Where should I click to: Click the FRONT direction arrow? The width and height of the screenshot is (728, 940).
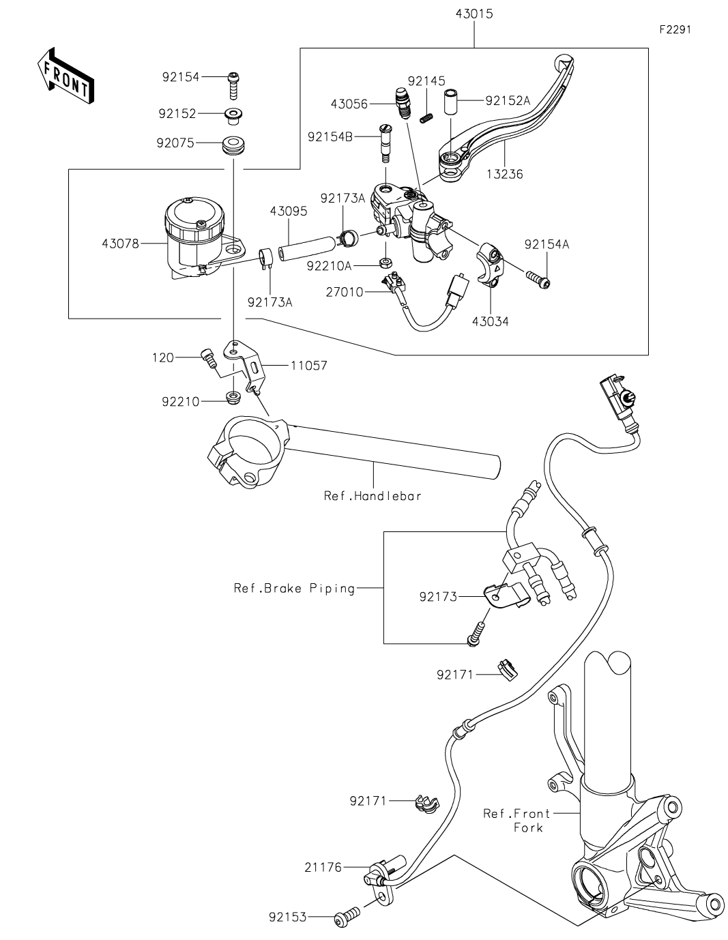click(65, 76)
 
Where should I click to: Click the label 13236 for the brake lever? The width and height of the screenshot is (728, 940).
click(506, 174)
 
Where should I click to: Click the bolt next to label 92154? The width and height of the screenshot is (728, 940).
click(233, 85)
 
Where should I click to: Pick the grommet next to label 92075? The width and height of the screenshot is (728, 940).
click(233, 145)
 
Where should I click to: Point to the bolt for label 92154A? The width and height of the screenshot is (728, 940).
click(538, 278)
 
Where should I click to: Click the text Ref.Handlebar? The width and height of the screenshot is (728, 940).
click(373, 496)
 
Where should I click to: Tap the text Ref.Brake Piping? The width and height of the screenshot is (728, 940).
click(295, 588)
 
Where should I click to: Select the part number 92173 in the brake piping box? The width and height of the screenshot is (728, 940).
click(438, 597)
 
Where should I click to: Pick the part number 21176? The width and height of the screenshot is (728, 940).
click(324, 868)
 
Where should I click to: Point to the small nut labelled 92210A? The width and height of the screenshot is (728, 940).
click(385, 263)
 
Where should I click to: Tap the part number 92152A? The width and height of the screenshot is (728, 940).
click(508, 100)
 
